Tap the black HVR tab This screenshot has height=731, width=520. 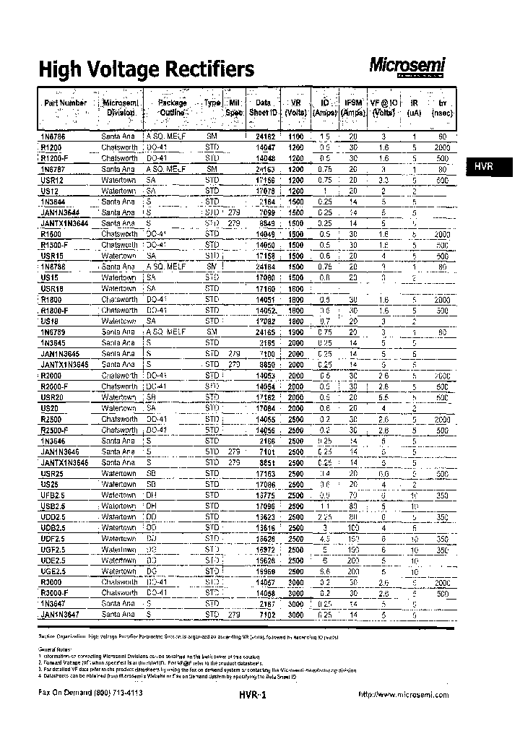(483, 166)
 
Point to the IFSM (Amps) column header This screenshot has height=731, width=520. (353, 108)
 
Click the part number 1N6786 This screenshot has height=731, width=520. (53, 136)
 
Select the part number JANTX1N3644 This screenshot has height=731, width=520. (64, 223)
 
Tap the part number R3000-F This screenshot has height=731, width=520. (56, 592)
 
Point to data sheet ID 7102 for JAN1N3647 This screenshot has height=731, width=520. (266, 614)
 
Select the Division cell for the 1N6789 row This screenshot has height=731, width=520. (118, 332)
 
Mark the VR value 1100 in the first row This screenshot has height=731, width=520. (295, 136)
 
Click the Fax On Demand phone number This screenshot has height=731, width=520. (90, 692)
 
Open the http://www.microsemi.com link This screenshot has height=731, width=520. (403, 694)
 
